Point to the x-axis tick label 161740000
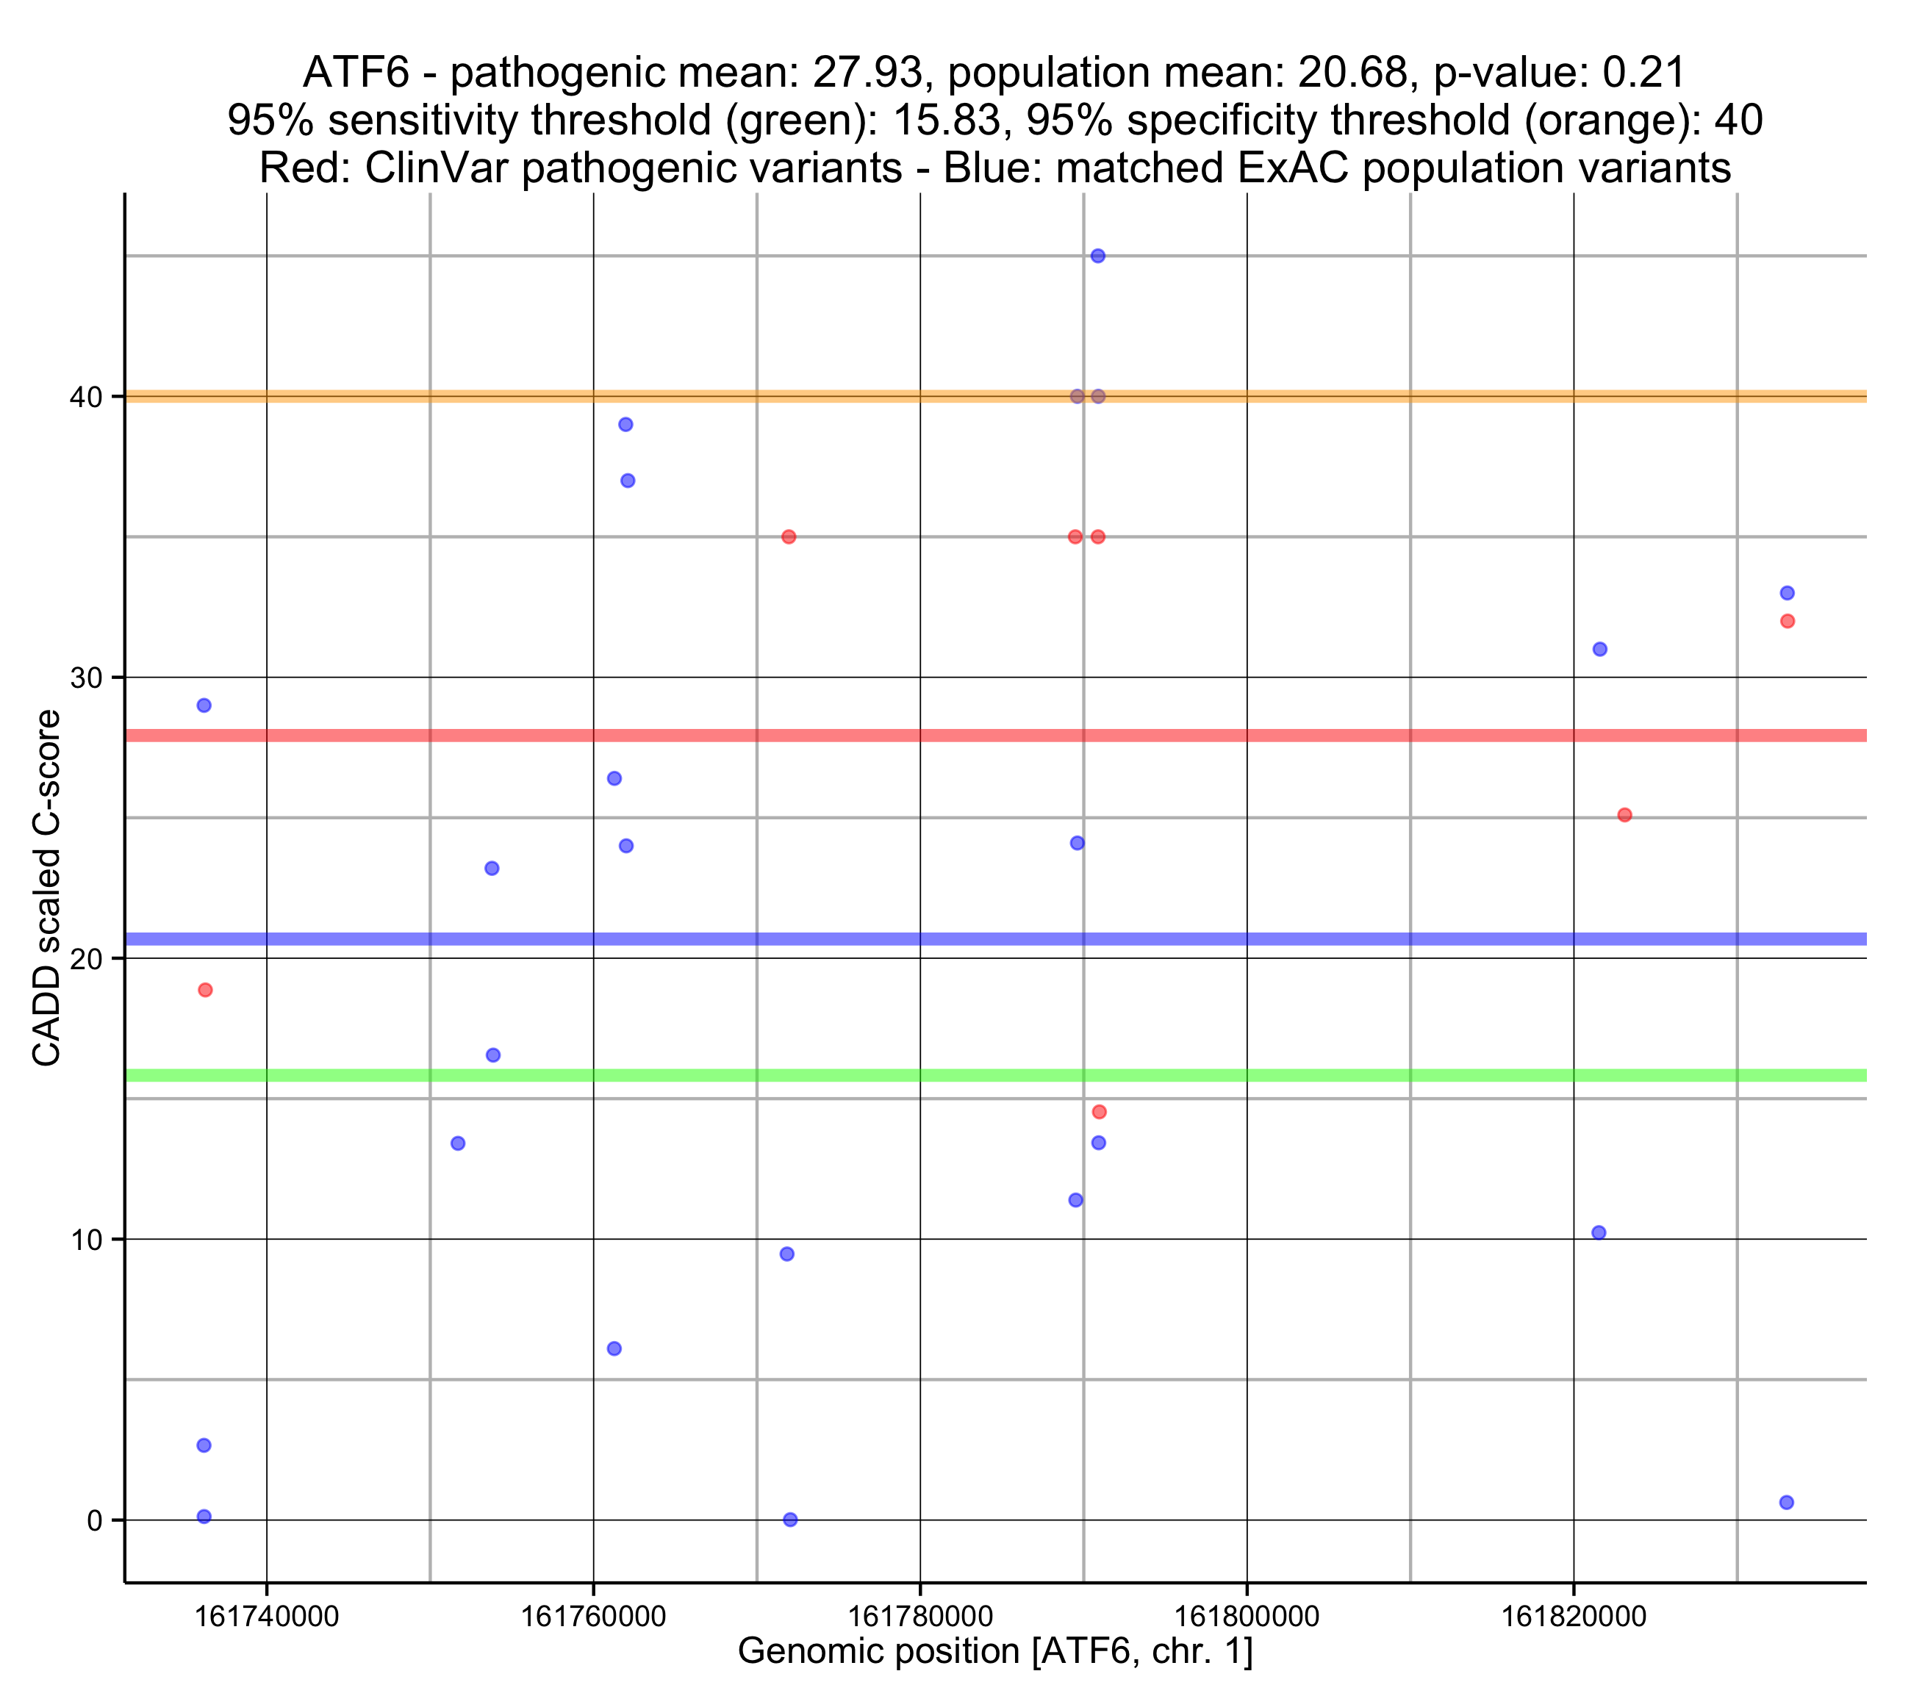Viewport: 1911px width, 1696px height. click(267, 1617)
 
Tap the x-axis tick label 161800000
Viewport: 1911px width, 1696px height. click(1247, 1617)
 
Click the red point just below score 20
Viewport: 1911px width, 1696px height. click(206, 990)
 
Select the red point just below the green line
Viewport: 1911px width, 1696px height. click(1100, 1112)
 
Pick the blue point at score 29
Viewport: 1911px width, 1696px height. click(204, 705)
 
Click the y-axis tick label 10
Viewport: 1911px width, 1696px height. click(86, 1240)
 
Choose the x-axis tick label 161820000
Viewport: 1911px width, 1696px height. click(1574, 1617)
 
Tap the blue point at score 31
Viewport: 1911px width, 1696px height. click(1599, 649)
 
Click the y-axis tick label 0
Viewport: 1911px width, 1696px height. click(94, 1521)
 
